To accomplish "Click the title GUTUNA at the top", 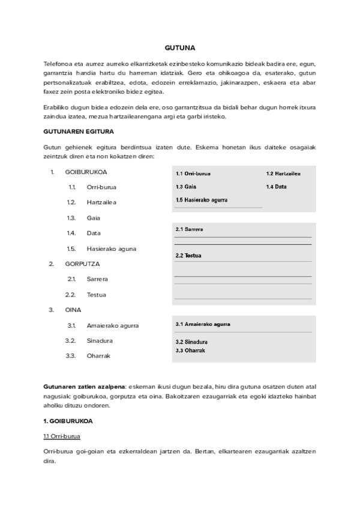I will pos(179,47).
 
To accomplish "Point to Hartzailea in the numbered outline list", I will pos(101,202).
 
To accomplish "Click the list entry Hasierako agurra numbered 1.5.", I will pos(112,248).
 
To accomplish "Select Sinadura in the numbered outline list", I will pos(100,341).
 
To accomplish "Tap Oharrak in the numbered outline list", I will pos(99,356).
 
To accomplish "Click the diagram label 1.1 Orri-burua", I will pos(193,173).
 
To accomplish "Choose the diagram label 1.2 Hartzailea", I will pos(283,173).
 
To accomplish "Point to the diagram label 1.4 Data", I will pos(277,187).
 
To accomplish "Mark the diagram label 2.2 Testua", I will pos(188,256).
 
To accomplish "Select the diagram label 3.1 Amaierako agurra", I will pos(203,324).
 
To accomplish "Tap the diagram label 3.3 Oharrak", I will pos(190,350).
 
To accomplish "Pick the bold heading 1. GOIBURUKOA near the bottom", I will pos(68,421).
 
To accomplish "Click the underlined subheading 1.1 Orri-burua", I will pos(63,436).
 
